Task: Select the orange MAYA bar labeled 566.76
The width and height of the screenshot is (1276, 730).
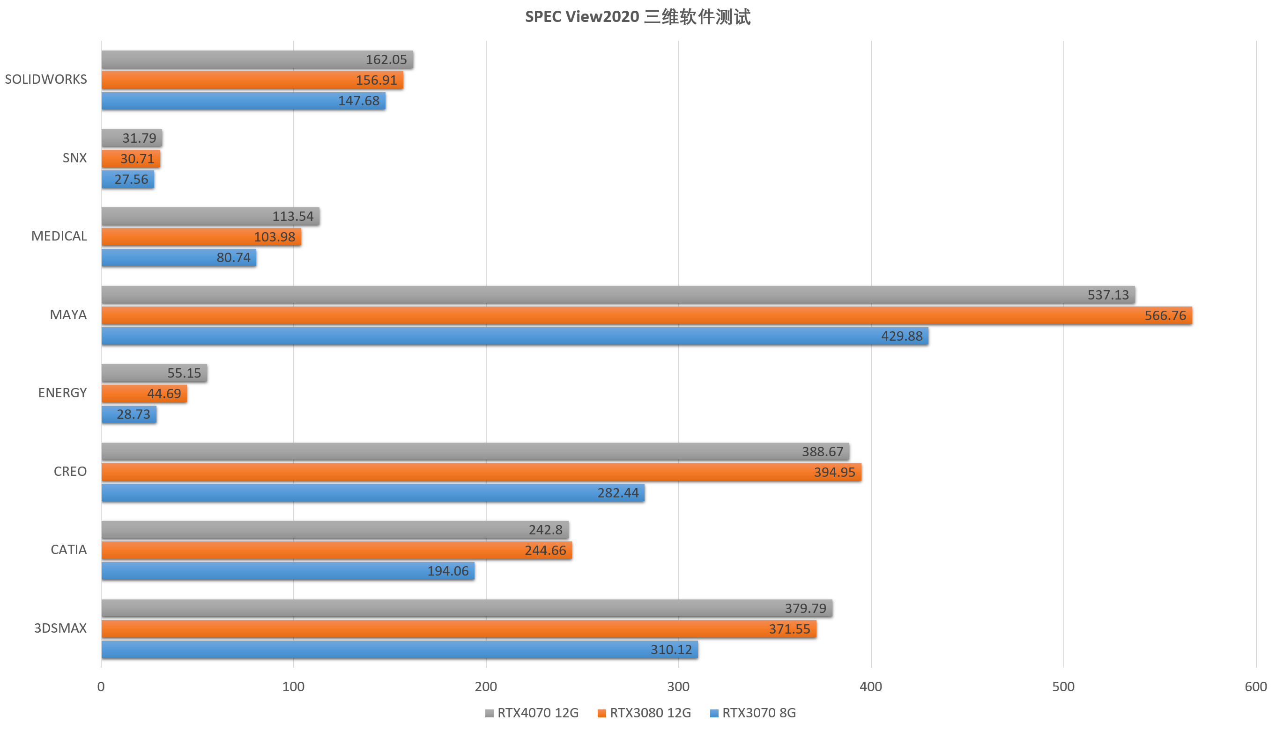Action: [x=646, y=315]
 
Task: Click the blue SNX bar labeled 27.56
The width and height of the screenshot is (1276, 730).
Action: [x=127, y=180]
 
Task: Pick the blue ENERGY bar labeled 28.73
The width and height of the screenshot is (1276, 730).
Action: [x=129, y=415]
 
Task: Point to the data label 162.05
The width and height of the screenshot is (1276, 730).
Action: [x=386, y=60]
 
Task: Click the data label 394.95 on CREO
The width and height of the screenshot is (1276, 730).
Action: [x=834, y=472]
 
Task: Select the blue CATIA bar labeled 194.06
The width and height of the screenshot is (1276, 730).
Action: [x=288, y=571]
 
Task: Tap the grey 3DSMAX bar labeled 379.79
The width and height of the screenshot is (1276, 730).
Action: [x=467, y=608]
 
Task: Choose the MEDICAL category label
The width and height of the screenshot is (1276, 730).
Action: [x=59, y=236]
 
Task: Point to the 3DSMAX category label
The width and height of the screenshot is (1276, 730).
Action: [x=60, y=628]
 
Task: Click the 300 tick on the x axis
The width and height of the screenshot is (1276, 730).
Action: [x=678, y=687]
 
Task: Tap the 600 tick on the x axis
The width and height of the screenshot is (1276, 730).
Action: [x=1255, y=687]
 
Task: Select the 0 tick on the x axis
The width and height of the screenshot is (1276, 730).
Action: [x=101, y=687]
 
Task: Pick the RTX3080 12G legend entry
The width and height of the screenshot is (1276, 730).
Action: [x=644, y=713]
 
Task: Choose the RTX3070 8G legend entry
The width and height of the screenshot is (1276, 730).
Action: [x=753, y=713]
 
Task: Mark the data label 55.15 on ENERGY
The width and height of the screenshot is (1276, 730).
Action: [x=184, y=373]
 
